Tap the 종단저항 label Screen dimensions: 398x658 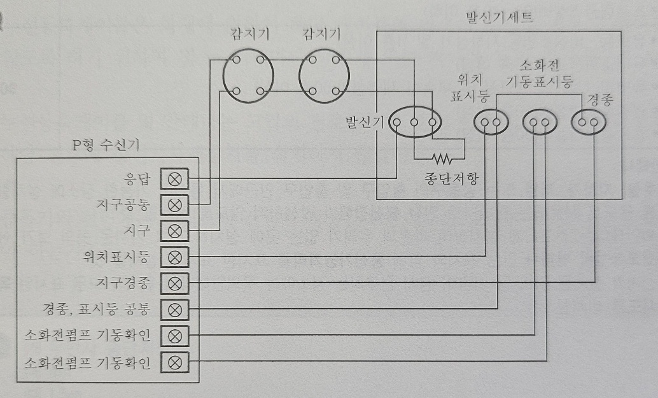click(x=452, y=178)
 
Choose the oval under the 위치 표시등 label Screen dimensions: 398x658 click(x=490, y=122)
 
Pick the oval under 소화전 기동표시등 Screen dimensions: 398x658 click(x=540, y=122)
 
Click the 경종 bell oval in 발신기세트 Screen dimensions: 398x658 click(x=587, y=121)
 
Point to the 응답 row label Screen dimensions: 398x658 click(x=136, y=179)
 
